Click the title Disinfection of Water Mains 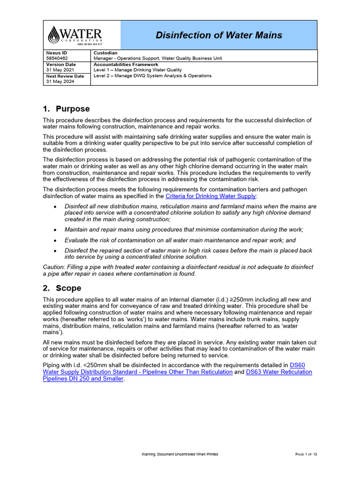[218, 35]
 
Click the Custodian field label [105, 53]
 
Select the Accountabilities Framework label [126, 64]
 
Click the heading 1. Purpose [66, 109]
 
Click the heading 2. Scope [62, 288]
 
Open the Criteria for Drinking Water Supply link [211, 196]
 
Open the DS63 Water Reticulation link [278, 372]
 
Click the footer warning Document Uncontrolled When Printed [180, 454]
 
